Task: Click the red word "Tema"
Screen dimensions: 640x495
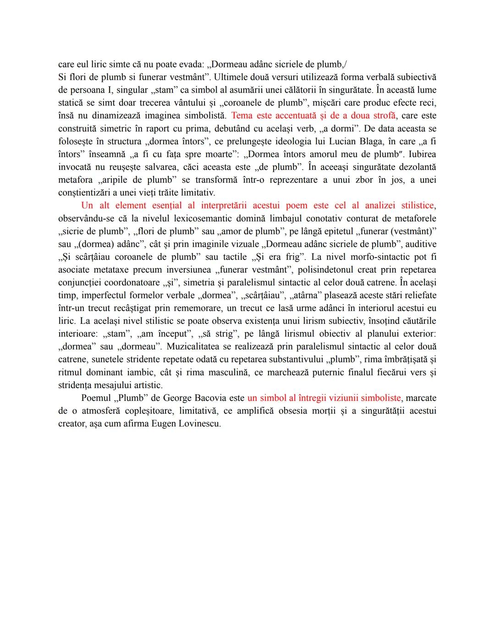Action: [x=242, y=116]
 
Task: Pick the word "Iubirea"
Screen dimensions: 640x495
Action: [x=419, y=154]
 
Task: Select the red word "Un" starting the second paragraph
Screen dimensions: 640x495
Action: [x=87, y=206]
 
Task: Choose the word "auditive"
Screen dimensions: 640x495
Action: [x=421, y=244]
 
